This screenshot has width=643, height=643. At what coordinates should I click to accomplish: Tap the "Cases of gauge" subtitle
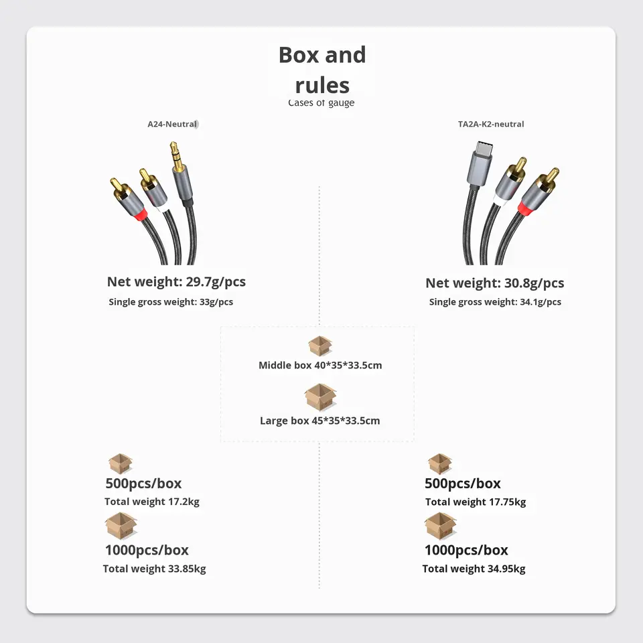[321, 103]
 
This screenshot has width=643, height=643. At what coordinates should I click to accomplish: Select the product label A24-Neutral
[172, 124]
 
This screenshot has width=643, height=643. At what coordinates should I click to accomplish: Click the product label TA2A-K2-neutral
[491, 124]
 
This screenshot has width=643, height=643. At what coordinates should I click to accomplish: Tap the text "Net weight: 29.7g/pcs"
[176, 281]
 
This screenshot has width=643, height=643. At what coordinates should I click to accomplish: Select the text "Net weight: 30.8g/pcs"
[494, 283]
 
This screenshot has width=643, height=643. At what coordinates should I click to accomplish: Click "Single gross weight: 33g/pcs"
[171, 302]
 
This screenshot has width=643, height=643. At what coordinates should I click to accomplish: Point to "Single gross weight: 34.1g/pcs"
[495, 302]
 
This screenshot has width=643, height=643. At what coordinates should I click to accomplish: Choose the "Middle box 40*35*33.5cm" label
[320, 366]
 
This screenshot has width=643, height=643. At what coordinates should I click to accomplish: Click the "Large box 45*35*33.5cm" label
[320, 421]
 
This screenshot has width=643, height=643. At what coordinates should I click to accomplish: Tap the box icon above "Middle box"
[320, 346]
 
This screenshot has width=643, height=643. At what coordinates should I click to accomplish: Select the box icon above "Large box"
[320, 397]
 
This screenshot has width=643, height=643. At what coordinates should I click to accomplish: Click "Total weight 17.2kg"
[152, 502]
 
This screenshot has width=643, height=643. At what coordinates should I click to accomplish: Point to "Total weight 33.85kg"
[154, 569]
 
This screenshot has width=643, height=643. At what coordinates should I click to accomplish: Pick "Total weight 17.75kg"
[476, 502]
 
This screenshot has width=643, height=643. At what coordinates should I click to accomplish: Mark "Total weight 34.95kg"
[474, 569]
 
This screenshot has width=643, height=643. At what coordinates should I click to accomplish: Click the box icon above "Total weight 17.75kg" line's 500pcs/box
[439, 463]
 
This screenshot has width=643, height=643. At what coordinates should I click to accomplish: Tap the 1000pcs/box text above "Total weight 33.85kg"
[147, 551]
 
